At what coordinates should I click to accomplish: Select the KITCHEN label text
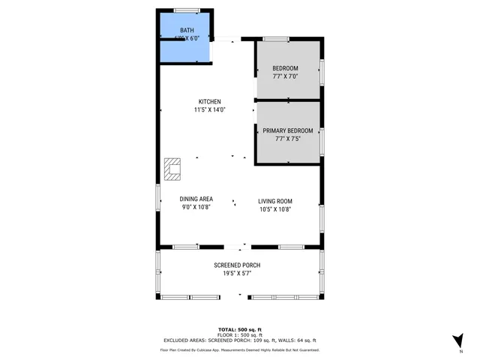(209, 102)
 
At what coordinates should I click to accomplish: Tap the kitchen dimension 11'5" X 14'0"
(209, 110)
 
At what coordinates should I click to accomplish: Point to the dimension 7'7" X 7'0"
(285, 76)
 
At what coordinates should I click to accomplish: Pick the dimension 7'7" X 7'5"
(288, 138)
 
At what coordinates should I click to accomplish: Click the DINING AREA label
(196, 199)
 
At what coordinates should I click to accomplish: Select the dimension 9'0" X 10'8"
(196, 208)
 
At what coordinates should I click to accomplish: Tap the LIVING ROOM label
(275, 201)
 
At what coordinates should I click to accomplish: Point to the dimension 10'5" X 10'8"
(275, 209)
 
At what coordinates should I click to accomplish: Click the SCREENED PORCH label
(237, 265)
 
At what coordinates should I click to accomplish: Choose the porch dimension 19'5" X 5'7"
(237, 274)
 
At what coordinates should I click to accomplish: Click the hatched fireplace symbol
(173, 169)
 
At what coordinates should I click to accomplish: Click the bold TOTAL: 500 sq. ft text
(240, 330)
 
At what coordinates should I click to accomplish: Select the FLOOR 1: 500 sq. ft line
(240, 335)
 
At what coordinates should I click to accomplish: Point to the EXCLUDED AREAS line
(240, 340)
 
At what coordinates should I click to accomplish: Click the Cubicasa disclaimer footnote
(240, 349)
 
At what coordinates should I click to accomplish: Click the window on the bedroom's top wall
(276, 38)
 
